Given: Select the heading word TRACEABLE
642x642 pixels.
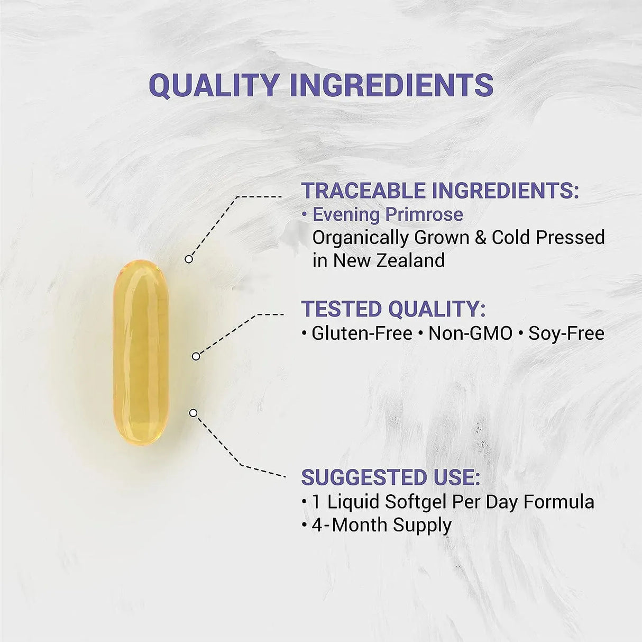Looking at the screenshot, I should pyautogui.click(x=364, y=191).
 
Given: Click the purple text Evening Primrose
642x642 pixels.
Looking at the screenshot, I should pyautogui.click(x=388, y=214).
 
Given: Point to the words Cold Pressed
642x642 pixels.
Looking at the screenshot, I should pyautogui.click(x=548, y=238).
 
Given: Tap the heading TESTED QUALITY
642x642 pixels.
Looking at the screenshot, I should pyautogui.click(x=393, y=309).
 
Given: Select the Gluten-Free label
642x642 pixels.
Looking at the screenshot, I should pyautogui.click(x=362, y=333).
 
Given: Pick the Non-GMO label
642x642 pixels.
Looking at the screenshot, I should pyautogui.click(x=470, y=333).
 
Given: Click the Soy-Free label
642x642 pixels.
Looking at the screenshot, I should pyautogui.click(x=566, y=333).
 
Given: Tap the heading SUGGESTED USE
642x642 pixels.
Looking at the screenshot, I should pyautogui.click(x=390, y=477).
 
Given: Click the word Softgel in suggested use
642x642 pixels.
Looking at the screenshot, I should pyautogui.click(x=416, y=502).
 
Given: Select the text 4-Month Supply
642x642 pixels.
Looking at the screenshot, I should pyautogui.click(x=381, y=525).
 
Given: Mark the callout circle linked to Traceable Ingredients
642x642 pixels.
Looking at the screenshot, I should pyautogui.click(x=189, y=259).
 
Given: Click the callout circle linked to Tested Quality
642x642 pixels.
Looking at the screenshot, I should pyautogui.click(x=196, y=356).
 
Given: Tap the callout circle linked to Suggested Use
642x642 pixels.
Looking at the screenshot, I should pyautogui.click(x=193, y=413).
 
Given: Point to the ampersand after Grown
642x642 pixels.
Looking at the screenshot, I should pyautogui.click(x=480, y=238).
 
